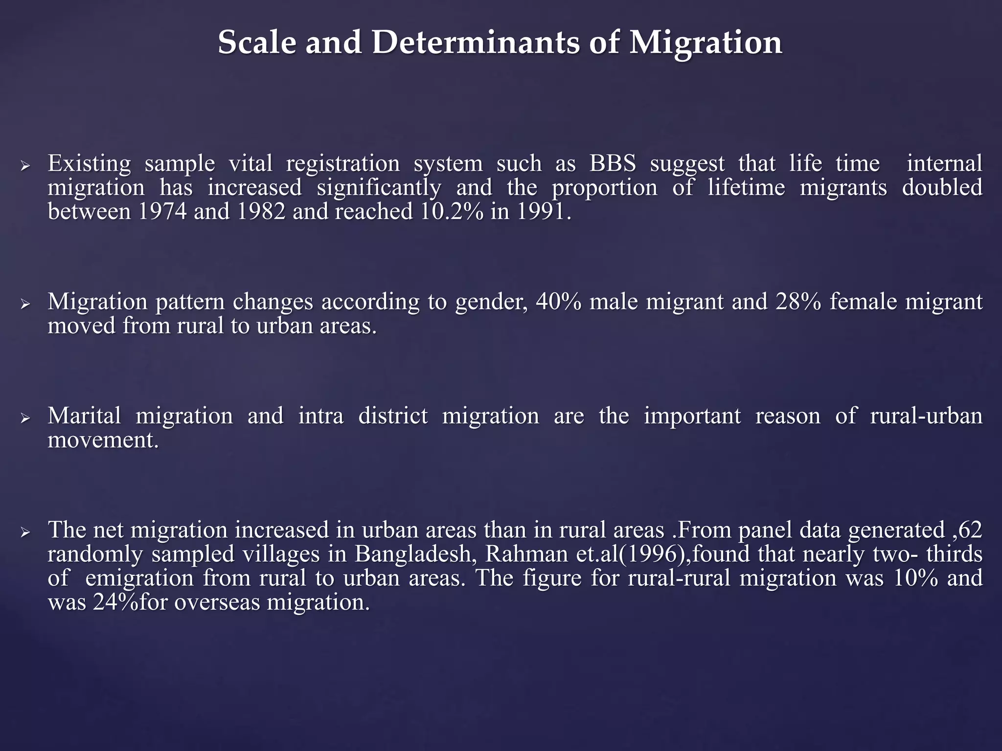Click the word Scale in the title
257,43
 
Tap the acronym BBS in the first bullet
613,163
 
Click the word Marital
84,416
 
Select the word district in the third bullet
393,416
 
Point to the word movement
103,440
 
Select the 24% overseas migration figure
115,602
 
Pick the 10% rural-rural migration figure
915,578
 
